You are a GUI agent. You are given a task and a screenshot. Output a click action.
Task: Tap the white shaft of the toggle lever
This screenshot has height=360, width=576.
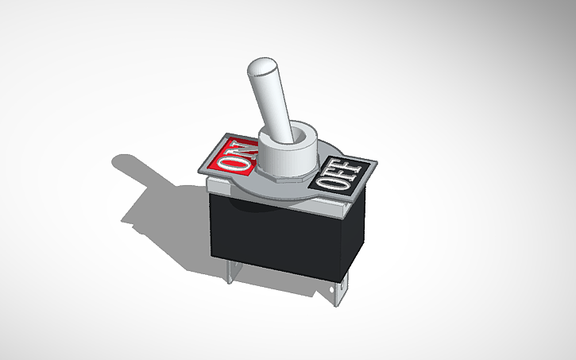(269, 99)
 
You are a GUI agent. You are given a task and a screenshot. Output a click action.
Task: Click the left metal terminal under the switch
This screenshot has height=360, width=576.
(230, 270)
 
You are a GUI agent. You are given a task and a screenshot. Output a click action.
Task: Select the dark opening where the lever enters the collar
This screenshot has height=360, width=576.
(297, 135)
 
